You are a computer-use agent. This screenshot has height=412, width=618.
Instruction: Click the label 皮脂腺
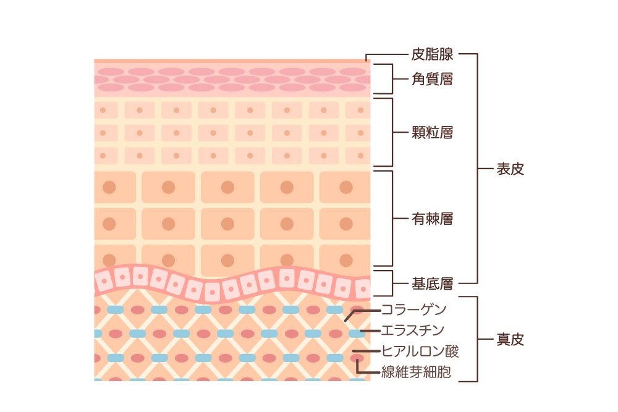[433, 54]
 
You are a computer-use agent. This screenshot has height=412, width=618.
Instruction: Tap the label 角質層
[433, 79]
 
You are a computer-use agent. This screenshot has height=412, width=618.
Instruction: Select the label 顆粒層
[433, 132]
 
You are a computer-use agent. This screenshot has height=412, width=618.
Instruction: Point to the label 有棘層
[433, 219]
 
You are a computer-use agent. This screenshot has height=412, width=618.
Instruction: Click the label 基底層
[433, 284]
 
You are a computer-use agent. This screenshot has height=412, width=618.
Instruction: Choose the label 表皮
[510, 169]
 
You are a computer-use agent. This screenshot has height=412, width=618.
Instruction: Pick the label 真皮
[510, 339]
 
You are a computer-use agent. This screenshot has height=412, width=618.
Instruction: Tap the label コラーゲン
[414, 309]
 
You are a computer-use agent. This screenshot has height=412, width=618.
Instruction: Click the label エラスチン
[413, 330]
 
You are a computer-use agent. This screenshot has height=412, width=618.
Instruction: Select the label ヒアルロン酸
[420, 351]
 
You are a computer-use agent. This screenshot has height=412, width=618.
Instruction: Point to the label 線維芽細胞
[416, 372]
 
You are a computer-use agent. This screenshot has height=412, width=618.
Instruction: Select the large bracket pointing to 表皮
[477, 169]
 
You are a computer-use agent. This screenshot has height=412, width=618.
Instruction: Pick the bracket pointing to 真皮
[477, 339]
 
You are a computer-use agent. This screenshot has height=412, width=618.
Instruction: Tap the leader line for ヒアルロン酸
[367, 351]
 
